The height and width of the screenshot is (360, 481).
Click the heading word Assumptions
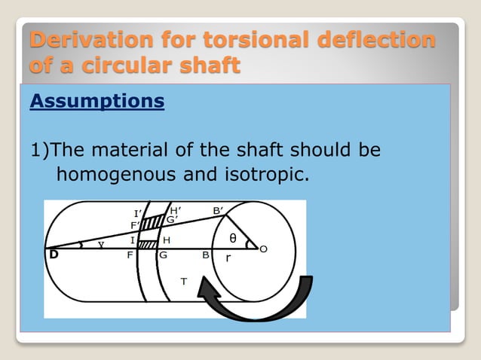97,101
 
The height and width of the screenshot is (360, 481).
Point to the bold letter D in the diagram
54,255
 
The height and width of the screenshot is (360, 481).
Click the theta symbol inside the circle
233,238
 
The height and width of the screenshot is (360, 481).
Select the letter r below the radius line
228,258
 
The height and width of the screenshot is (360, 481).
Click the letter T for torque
183,281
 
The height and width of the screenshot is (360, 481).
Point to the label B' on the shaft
218,211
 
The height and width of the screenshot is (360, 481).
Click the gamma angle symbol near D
100,244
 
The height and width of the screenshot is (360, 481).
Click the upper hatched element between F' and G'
155,221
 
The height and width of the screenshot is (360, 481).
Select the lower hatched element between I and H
148,244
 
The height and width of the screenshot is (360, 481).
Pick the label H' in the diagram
174,210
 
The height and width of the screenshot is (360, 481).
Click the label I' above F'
138,213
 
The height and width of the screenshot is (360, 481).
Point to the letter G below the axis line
163,255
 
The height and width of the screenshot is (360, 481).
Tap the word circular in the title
148,66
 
